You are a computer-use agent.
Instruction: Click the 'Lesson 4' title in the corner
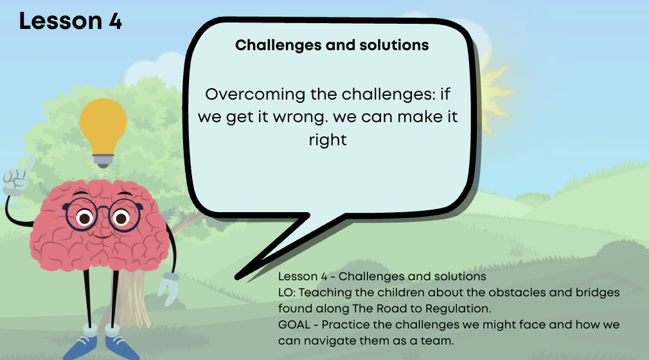[x=71, y=21]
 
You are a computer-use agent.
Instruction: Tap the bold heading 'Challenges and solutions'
[x=332, y=46]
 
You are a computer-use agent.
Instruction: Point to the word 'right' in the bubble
[x=328, y=140]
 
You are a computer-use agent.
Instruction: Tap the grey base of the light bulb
[x=103, y=161]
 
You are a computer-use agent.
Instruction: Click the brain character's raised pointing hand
[x=17, y=177]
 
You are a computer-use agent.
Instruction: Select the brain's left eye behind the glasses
[x=84, y=217]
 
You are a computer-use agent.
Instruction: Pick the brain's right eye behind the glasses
[x=121, y=217]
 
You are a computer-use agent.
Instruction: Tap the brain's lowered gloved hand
[x=169, y=288]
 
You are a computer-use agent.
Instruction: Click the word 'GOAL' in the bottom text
[x=294, y=325]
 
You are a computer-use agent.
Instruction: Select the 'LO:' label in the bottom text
[x=287, y=292]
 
